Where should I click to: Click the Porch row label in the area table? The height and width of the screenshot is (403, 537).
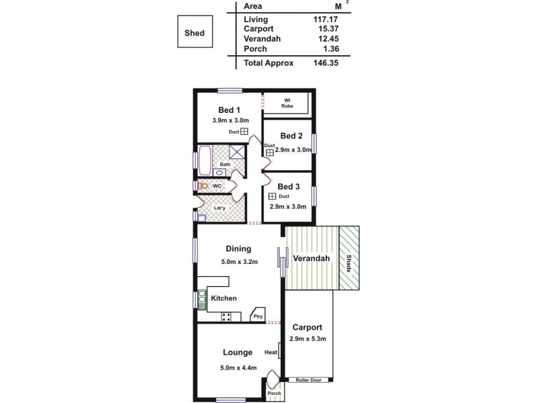pos(255,49)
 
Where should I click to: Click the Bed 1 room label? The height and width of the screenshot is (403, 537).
pos(230,110)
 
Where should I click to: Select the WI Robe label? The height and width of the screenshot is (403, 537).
pos(286,103)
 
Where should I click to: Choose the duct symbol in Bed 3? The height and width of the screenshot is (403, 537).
pos(272,196)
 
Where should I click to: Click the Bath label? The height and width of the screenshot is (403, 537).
pos(226,164)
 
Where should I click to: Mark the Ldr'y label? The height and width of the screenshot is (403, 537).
pos(219,208)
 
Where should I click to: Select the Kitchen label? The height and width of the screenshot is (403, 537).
pos(224,298)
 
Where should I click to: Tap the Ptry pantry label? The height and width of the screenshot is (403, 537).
pos(258,317)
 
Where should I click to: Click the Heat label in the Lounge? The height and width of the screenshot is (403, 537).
pos(271,353)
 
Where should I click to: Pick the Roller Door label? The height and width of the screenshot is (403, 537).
pos(309,380)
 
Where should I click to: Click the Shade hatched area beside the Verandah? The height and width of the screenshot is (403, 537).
pos(348,259)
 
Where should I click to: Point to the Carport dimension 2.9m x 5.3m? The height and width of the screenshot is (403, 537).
pos(307,339)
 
